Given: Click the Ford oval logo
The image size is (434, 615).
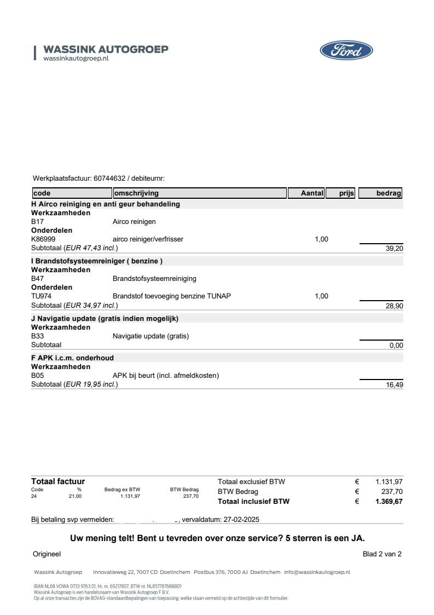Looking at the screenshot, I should (346, 51).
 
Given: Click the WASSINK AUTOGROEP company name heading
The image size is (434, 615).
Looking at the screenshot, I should (106, 49).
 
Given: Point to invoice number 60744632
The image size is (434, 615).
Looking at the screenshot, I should (109, 178).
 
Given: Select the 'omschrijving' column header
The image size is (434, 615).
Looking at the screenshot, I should (136, 193).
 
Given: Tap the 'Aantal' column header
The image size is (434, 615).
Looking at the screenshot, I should (312, 193).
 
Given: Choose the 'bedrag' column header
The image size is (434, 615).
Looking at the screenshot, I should (389, 193).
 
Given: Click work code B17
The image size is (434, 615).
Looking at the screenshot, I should (37, 222).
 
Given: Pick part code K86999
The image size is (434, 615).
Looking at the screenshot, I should (43, 239).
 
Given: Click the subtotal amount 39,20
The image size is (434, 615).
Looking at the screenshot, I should (395, 248).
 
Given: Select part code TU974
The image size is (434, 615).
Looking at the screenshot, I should (42, 296).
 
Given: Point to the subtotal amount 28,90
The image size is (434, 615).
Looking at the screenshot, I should (395, 305).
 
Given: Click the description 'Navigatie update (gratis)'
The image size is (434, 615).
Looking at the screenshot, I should (151, 336).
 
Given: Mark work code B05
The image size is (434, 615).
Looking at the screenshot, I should (37, 375).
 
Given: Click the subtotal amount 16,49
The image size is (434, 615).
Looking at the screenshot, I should (395, 384).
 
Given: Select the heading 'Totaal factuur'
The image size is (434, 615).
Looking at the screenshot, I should (58, 481).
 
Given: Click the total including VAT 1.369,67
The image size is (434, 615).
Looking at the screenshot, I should (389, 501).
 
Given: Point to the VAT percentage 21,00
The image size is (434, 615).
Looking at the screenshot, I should (75, 496).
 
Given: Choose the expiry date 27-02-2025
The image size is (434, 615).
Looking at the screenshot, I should (241, 519).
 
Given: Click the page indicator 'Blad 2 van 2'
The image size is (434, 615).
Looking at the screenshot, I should (382, 554).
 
